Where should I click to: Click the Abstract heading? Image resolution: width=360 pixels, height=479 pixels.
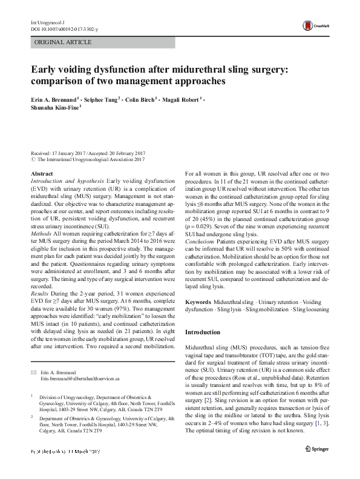coord(42,174)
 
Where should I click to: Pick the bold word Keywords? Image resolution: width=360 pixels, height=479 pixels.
coord(198,302)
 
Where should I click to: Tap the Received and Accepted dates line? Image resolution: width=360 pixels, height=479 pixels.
coord(91,154)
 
